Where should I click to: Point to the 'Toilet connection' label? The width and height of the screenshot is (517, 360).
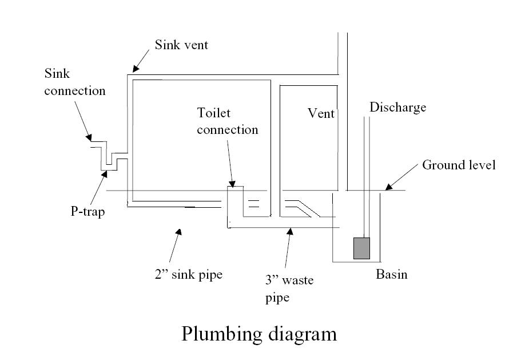click(227, 121)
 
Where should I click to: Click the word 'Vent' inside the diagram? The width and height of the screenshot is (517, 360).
click(321, 113)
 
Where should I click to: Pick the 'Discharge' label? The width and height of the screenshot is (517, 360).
click(397, 107)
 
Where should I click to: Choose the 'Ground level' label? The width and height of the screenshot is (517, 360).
click(459, 165)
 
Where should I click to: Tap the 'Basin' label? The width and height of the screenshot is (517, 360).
click(391, 274)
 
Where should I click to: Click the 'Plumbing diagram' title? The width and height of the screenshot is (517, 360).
click(259, 334)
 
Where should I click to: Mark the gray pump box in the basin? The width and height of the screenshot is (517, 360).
click(361, 248)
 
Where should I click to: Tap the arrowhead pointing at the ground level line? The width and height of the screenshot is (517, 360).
click(387, 187)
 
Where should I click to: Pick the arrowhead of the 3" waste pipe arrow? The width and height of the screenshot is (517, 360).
click(290, 231)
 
